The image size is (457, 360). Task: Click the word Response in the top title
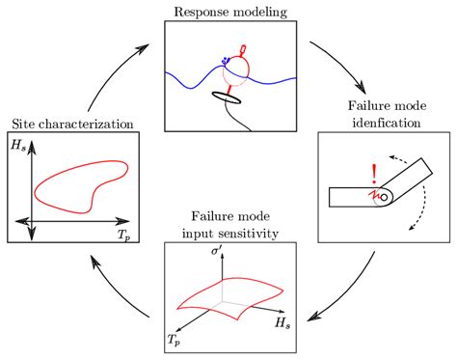[202, 12]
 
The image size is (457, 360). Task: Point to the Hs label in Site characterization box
[19, 148]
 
